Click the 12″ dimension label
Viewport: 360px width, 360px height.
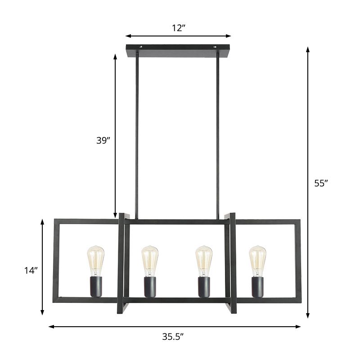[x=179, y=28]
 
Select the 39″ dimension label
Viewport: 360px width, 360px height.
[x=103, y=140]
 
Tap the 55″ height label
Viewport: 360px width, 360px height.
[x=321, y=183]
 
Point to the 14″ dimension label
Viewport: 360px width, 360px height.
[x=31, y=270]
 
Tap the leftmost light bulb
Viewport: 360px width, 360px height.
[x=95, y=261]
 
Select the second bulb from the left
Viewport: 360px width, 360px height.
[x=149, y=261]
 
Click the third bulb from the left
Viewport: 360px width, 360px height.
[x=203, y=261]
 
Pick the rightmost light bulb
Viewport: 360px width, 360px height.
[x=257, y=261]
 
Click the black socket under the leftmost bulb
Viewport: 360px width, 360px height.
[x=95, y=287]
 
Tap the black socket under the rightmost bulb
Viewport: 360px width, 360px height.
[x=257, y=287]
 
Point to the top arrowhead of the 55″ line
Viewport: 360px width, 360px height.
[x=308, y=49]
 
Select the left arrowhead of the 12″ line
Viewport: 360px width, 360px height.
[x=128, y=36]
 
